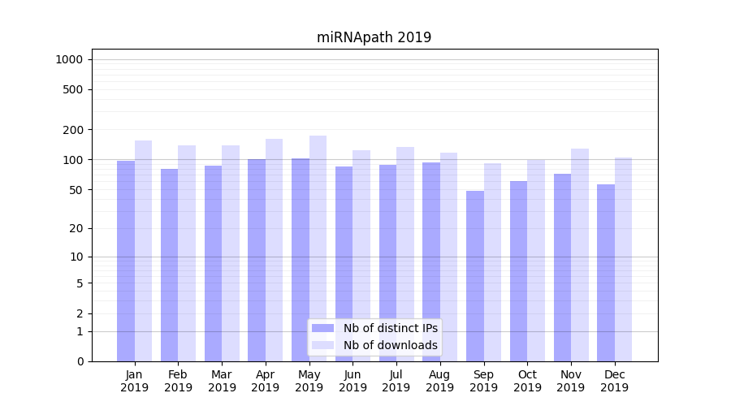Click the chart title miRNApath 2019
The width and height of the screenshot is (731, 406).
(374, 38)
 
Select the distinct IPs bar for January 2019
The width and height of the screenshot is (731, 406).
(126, 260)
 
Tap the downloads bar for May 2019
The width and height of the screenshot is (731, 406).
(318, 248)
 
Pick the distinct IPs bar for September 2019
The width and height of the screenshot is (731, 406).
(475, 276)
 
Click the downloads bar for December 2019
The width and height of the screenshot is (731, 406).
(623, 260)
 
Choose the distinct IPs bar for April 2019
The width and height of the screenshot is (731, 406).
(257, 260)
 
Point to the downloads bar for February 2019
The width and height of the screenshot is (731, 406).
(187, 252)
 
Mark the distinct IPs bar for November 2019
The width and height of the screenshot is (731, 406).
(562, 268)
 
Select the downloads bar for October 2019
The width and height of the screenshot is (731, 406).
(536, 260)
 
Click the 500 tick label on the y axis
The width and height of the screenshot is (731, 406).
(73, 89)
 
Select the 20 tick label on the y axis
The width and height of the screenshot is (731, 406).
(76, 228)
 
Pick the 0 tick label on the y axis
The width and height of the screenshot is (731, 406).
(80, 361)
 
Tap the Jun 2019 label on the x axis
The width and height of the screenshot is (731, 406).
(353, 381)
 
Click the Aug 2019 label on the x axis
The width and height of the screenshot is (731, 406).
(439, 381)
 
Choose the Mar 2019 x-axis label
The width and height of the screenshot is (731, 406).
(222, 381)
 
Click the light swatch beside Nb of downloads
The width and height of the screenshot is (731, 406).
(322, 345)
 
